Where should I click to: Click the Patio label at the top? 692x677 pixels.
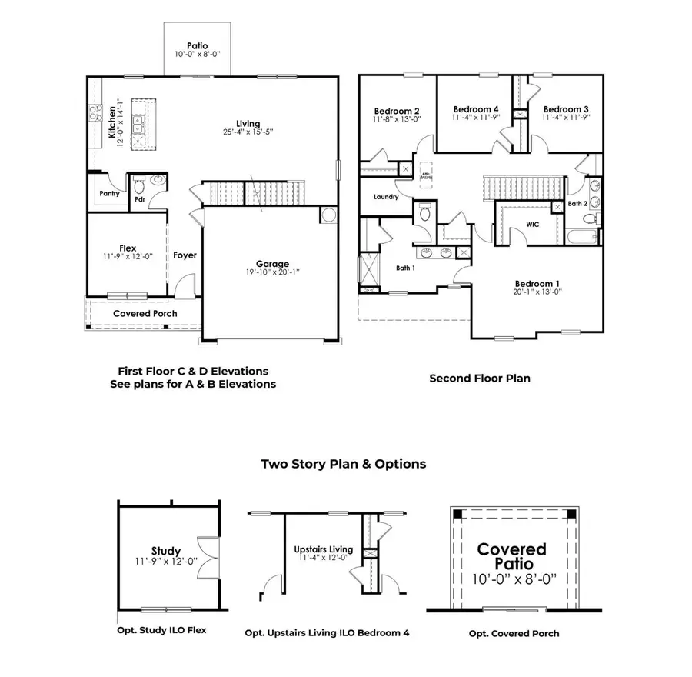point(197,46)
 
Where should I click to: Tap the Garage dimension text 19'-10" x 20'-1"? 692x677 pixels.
point(272,272)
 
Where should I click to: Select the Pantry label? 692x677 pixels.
point(109,193)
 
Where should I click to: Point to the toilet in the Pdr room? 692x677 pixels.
point(139,187)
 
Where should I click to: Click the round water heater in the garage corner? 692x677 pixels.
point(327,215)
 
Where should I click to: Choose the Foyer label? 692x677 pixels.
point(185,255)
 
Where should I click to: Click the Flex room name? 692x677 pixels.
point(128,248)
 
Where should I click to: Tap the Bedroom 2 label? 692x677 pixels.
point(397,109)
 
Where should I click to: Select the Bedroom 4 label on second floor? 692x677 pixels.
point(476,109)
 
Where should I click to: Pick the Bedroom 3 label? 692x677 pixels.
point(565,109)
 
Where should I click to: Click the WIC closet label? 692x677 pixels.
point(531,225)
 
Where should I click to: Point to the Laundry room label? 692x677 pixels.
point(386,197)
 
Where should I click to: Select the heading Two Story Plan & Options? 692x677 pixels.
point(343,464)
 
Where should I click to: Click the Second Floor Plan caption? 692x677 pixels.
point(479,378)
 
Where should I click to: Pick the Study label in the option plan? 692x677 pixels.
point(166,551)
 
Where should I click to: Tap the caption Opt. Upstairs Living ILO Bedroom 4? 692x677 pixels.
point(327,633)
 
